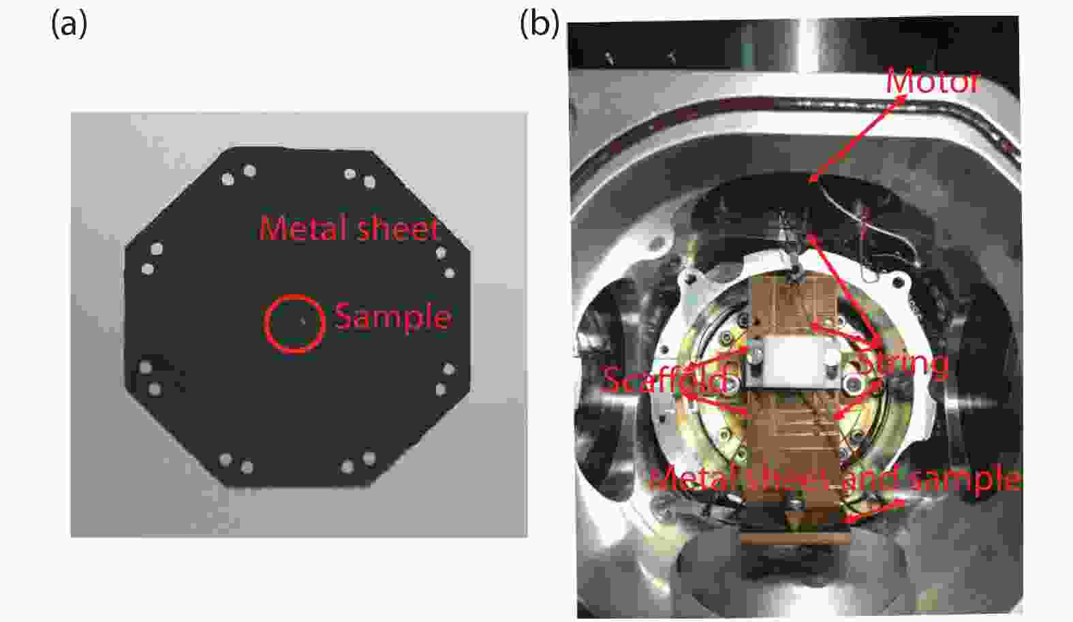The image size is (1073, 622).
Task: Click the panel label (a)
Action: [69, 25]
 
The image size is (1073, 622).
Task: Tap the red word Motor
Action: [933, 82]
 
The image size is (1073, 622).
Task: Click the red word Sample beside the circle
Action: [393, 317]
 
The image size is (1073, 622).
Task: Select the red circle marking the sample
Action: [265, 324]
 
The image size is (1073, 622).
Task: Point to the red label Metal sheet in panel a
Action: [348, 229]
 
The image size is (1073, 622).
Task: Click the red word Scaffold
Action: [666, 379]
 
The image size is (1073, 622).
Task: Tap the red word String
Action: [903, 365]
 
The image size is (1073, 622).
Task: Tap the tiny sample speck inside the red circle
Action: [302, 322]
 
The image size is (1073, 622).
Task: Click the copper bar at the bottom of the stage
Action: [795, 538]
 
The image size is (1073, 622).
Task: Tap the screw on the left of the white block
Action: [756, 355]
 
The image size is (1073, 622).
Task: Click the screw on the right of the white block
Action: [853, 384]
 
